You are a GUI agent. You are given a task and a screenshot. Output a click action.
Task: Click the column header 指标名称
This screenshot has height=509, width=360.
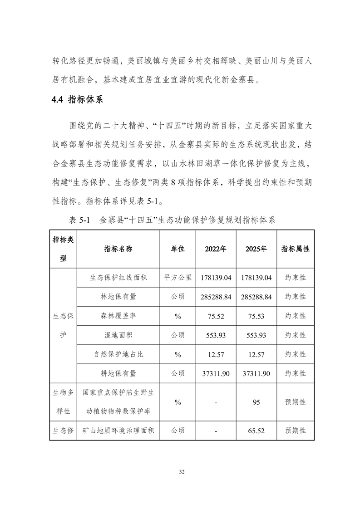pos(118,249)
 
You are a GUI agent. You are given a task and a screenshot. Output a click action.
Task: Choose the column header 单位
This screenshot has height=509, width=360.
pos(178,249)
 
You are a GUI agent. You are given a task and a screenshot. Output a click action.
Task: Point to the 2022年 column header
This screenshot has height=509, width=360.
pos(216,249)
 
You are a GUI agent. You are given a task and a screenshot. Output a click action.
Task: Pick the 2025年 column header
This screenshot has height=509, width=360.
pos(256,249)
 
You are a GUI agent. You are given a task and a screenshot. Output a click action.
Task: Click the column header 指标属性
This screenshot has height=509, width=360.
pos(295,249)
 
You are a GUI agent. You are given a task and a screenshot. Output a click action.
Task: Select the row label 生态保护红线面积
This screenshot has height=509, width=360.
pos(118,278)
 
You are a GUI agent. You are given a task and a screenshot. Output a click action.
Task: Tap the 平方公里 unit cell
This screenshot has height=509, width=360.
pos(178,278)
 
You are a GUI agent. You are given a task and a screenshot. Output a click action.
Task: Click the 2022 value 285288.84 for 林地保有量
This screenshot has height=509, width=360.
pos(216,297)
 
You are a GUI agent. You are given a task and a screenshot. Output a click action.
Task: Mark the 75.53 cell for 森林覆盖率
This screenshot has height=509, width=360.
pos(256,316)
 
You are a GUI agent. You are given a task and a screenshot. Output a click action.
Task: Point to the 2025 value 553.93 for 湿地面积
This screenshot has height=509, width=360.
pos(256,335)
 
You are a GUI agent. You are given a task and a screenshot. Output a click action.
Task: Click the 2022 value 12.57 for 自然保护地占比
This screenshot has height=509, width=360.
pos(216,354)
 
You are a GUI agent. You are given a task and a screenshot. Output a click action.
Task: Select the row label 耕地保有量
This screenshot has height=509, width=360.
pos(118,373)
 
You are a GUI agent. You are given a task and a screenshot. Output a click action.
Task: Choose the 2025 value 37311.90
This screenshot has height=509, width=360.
pos(256,373)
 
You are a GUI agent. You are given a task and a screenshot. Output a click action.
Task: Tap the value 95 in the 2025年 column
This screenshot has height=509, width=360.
pos(256,402)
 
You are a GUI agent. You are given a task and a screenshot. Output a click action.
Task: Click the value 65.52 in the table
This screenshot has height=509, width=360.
pos(256,431)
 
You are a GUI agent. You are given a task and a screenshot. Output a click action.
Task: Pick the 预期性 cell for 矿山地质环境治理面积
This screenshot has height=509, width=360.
pos(295,431)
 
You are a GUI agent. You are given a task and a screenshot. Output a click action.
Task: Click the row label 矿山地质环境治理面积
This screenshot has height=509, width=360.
pos(118,430)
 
